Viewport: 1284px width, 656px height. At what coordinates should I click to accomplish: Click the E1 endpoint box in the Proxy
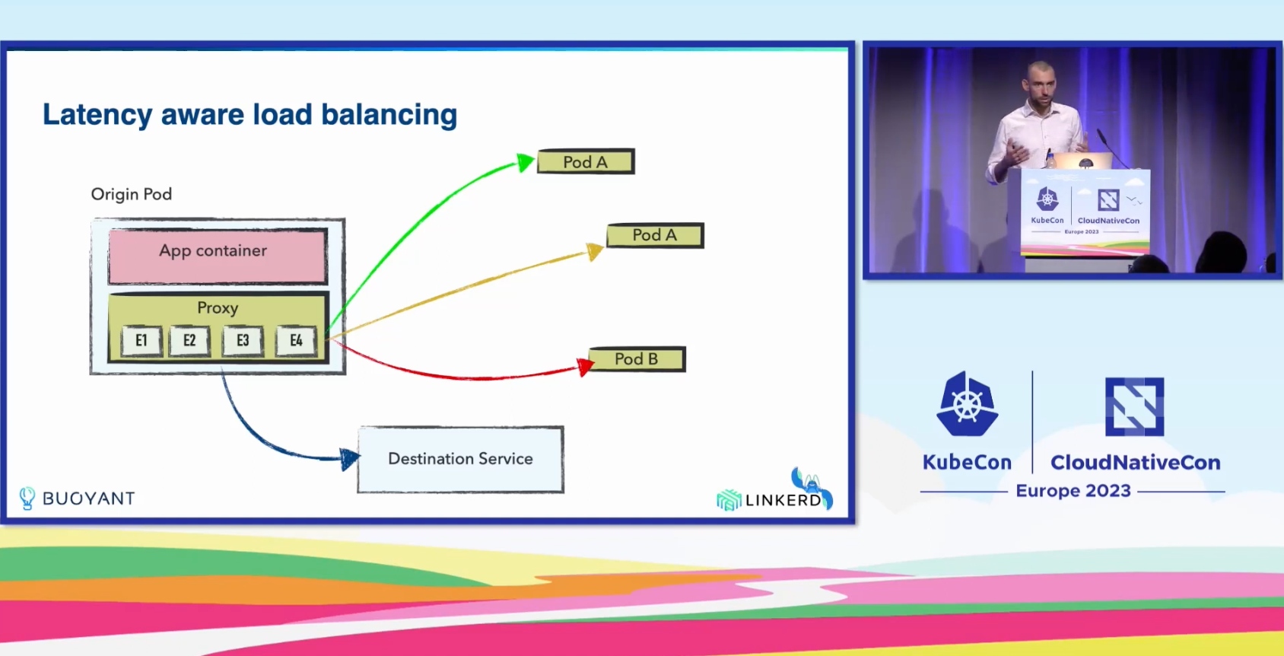[141, 341]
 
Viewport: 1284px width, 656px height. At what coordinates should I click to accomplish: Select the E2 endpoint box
[189, 341]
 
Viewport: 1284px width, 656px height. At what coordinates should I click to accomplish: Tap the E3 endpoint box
[243, 341]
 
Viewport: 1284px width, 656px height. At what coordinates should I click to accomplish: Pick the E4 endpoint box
[296, 341]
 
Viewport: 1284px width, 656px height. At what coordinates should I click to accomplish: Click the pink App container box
[218, 256]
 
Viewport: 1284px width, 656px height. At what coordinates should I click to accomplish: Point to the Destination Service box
[461, 460]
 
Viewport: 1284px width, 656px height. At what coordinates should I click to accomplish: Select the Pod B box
[637, 359]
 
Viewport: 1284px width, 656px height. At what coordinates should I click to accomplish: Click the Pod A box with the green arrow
[586, 161]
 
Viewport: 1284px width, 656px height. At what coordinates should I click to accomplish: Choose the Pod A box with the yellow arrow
[655, 235]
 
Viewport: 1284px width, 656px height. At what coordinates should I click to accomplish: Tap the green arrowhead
[525, 162]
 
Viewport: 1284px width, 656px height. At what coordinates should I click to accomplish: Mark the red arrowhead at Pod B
[585, 366]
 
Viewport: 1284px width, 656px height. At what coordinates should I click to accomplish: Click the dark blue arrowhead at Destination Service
[349, 458]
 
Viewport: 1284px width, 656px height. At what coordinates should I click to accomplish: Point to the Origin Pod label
[132, 194]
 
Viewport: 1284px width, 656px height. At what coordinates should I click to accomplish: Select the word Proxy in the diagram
[218, 308]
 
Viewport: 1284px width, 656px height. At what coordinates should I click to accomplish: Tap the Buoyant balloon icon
[27, 498]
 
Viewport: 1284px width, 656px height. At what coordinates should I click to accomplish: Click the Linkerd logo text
[783, 500]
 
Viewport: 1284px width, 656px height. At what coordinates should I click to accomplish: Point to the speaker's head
[1041, 81]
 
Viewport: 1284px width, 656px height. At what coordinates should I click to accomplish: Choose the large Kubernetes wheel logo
[968, 404]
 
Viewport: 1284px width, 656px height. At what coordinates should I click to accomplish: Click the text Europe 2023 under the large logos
[1073, 491]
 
